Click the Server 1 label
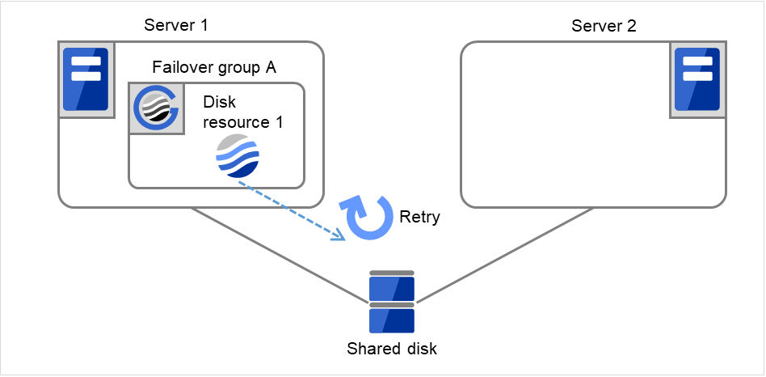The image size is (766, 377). tap(176, 25)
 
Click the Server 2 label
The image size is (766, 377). tap(604, 25)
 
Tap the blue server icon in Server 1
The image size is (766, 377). tap(86, 79)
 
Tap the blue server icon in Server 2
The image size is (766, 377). tap(697, 79)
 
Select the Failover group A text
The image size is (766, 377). tap(214, 67)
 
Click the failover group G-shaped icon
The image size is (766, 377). tap(156, 108)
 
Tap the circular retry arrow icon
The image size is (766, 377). tap(368, 218)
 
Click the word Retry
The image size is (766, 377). tap(419, 217)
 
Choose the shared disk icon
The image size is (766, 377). tap(392, 303)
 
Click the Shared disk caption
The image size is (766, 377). tap(392, 349)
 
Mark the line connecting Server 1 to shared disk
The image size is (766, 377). tap(279, 256)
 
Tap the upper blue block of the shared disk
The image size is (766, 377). tap(392, 288)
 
